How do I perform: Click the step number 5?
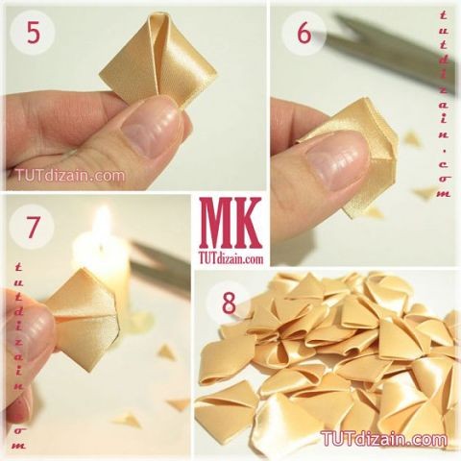point(34,33)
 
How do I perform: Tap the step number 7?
point(33,228)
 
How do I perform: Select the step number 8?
point(229,303)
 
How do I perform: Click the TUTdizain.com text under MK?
point(230,258)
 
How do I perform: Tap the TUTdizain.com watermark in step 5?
point(70,176)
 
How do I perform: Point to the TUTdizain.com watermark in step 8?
point(384,438)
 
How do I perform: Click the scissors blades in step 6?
point(391,48)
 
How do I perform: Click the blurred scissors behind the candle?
point(160,269)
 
